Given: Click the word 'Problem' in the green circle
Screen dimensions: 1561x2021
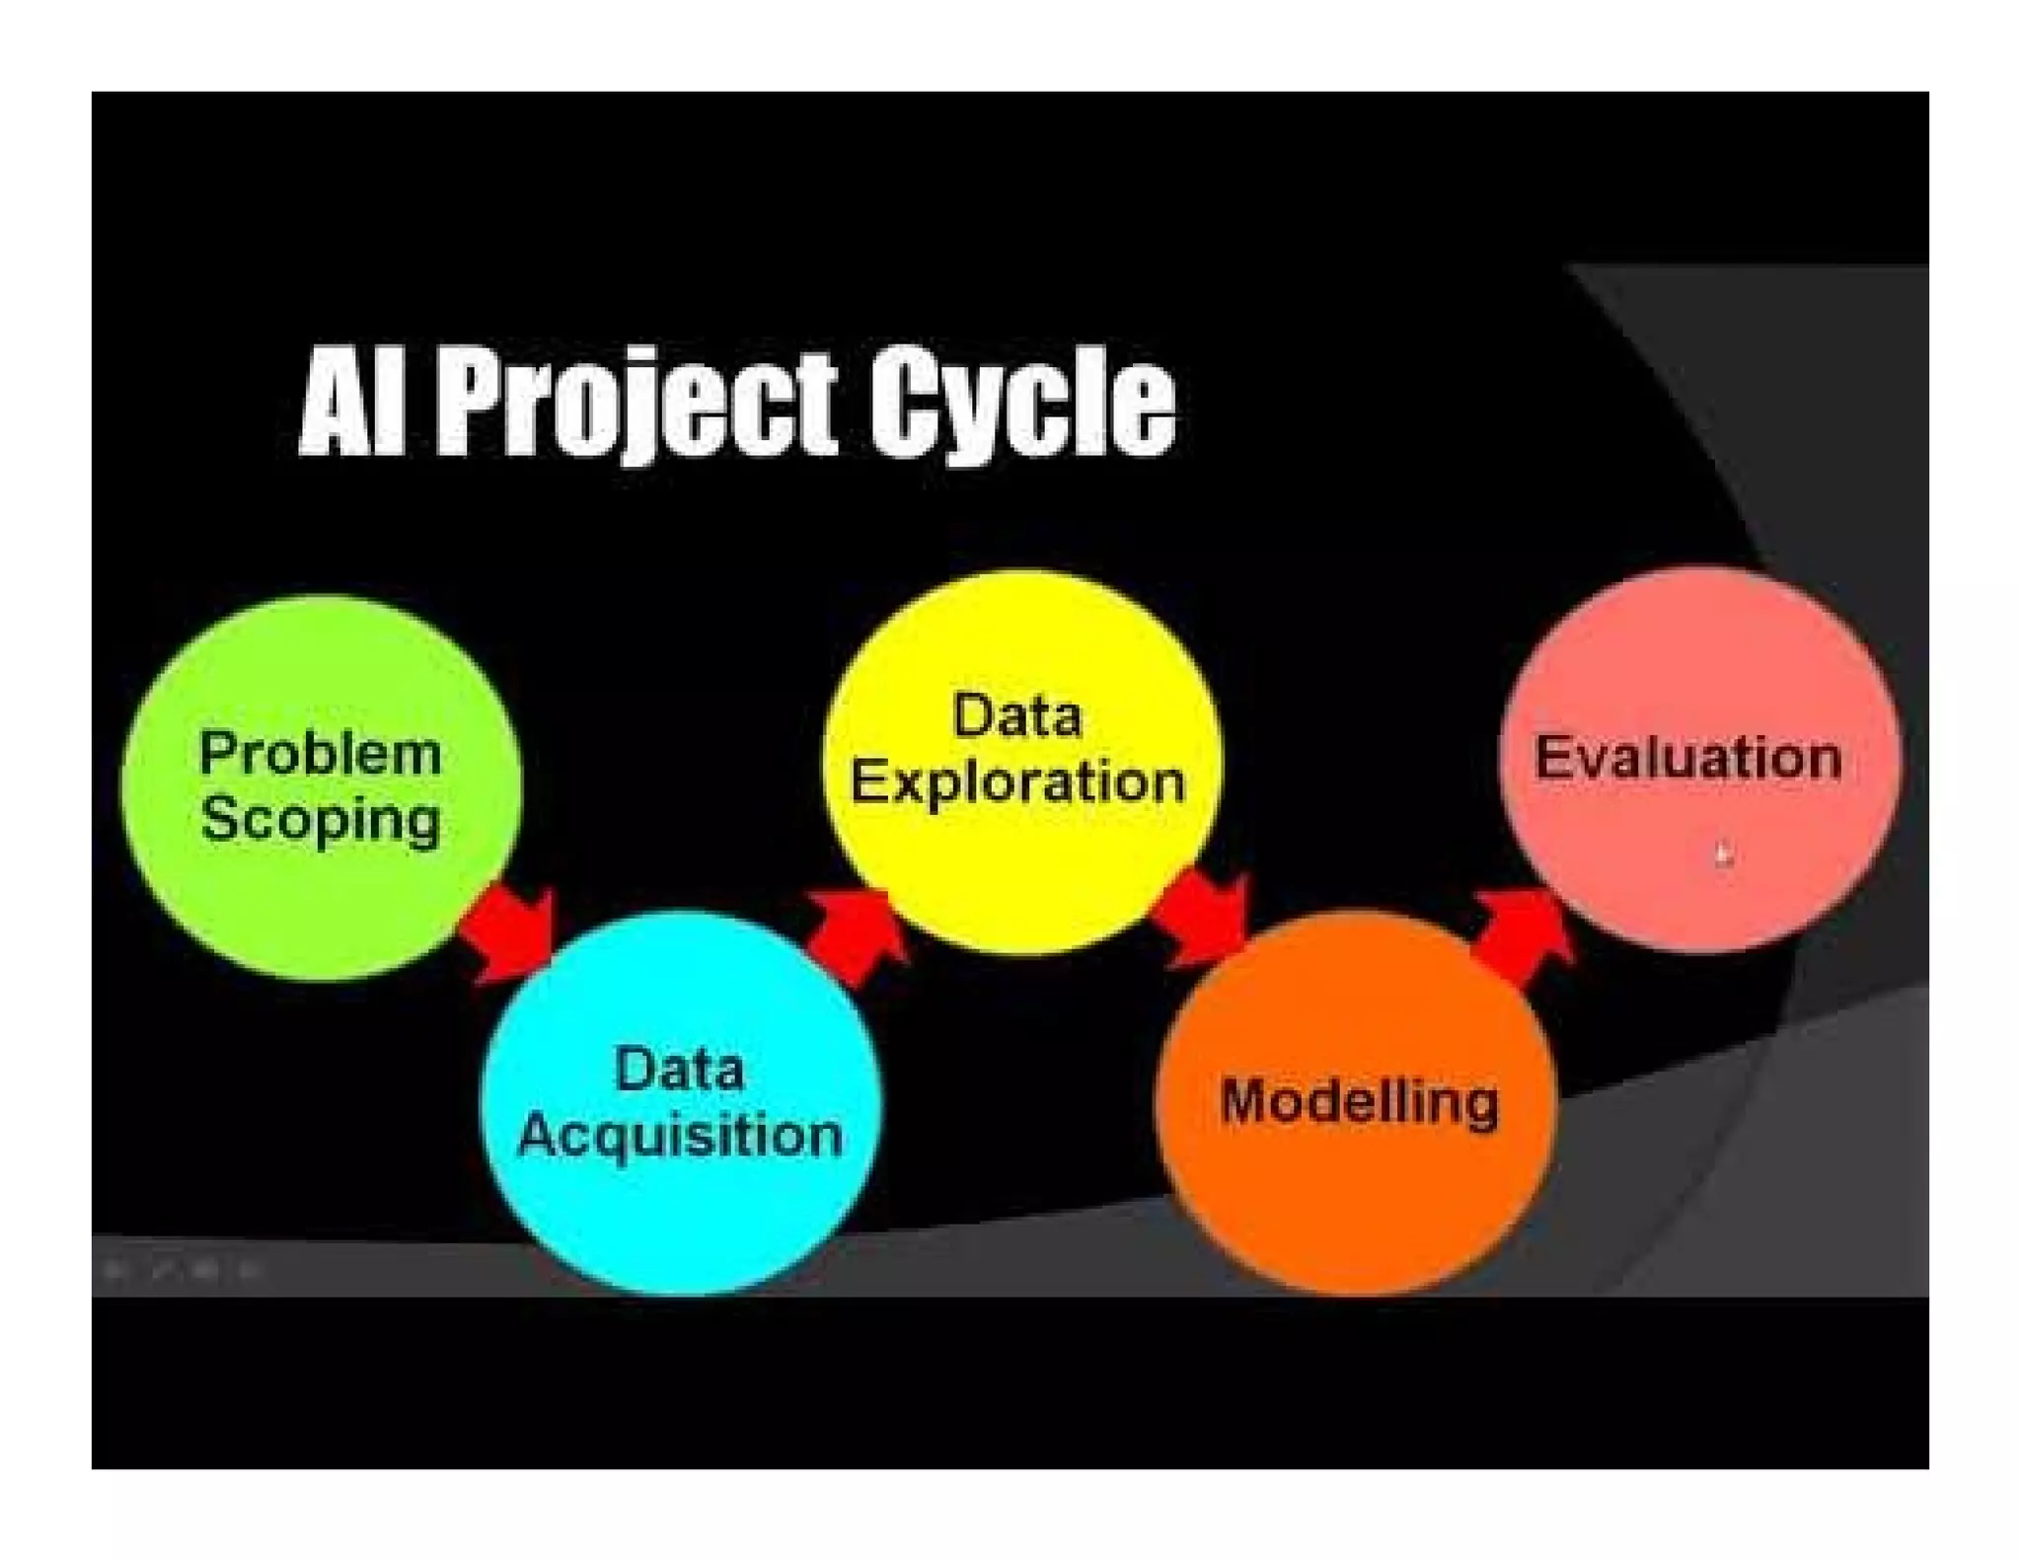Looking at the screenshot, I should click(x=321, y=754).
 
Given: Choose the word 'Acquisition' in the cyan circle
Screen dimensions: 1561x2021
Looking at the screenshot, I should click(x=680, y=1135).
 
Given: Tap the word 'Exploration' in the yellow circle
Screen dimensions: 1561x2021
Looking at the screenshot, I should click(x=1017, y=781).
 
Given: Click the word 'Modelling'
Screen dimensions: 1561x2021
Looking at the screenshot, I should click(x=1359, y=1101).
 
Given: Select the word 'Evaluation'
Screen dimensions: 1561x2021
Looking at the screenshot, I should click(x=1687, y=758).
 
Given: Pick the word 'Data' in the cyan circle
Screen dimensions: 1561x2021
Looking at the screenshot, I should click(x=679, y=1070).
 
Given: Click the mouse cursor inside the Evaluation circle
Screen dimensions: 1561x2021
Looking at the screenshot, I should click(x=1722, y=854).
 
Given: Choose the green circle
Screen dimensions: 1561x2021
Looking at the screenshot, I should click(x=321, y=908).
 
